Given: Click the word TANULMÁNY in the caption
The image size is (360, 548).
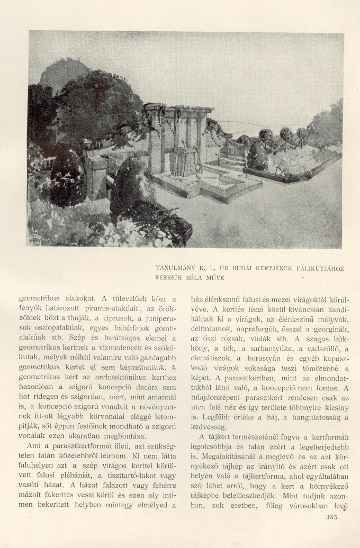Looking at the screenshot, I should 180,269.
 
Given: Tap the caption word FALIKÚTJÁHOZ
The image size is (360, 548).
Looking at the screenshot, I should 318,269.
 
